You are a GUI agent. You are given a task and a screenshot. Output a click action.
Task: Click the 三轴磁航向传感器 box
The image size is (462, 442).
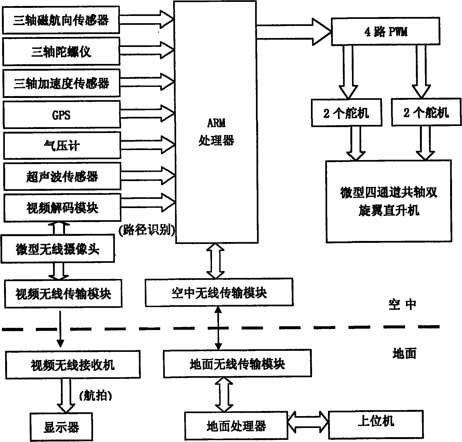coord(61,21)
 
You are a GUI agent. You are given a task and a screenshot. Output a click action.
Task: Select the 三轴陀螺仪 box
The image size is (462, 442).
coord(61,52)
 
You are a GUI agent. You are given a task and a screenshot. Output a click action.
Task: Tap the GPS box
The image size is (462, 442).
coord(61,115)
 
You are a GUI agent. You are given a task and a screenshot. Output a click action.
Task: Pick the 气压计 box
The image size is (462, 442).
coord(62,146)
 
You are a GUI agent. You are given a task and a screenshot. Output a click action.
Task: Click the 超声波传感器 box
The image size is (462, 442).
coord(62,177)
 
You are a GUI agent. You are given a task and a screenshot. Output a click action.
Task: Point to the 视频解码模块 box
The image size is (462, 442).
coord(62,208)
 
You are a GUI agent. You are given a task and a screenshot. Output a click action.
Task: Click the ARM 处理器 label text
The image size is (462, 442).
coord(216,132)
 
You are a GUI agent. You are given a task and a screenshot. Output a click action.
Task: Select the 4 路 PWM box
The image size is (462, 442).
coord(385,32)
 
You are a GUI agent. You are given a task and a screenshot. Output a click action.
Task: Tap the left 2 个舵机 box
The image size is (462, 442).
coord(346,113)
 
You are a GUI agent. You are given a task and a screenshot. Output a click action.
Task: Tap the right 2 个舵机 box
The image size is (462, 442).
coord(426,112)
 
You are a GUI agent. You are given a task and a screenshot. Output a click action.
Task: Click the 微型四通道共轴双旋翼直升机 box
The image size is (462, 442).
coord(388,201)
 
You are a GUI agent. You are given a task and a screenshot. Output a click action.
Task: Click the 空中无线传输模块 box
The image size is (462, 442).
coord(219,293)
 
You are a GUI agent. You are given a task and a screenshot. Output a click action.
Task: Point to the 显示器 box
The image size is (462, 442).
coord(61,427)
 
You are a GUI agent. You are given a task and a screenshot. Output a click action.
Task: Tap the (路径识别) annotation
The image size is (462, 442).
coord(146,230)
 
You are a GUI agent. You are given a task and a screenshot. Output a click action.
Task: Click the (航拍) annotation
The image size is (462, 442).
coord(95,396)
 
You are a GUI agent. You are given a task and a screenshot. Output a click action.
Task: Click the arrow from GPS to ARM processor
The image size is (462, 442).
coord(147,113)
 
